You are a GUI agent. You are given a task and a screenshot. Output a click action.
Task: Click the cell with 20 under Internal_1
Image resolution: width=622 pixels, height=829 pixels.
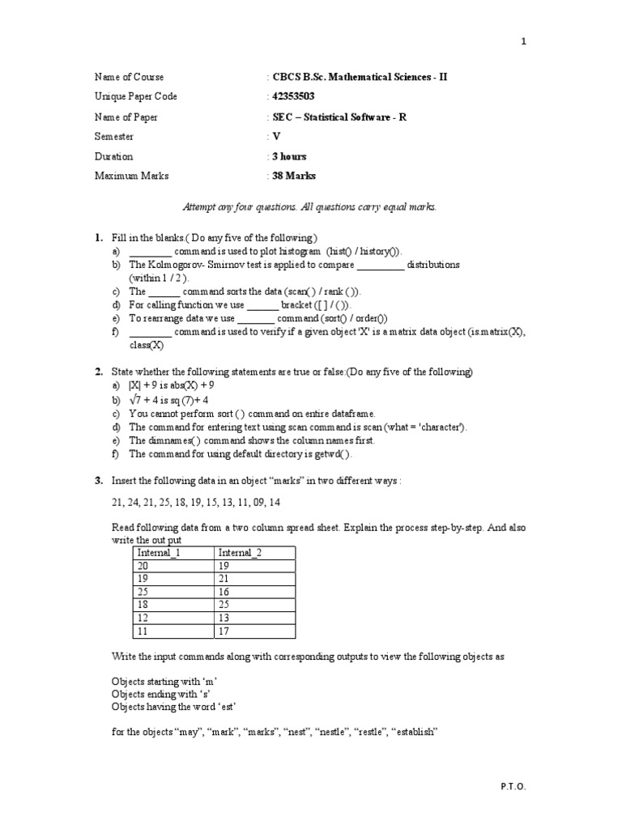click(144, 566)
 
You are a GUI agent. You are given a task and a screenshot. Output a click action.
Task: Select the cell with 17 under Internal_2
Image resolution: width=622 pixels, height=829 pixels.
click(225, 631)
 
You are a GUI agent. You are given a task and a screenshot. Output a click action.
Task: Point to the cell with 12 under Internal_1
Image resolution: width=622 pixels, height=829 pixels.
click(144, 618)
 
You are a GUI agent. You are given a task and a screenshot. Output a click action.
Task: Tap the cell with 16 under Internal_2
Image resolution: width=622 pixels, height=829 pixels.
click(225, 592)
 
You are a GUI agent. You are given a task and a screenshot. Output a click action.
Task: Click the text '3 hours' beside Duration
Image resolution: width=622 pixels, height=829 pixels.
click(289, 157)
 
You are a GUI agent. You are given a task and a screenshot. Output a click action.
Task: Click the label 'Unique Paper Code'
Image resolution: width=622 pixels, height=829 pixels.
click(135, 97)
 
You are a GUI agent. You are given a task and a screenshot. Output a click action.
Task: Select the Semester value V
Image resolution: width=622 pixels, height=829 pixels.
click(276, 137)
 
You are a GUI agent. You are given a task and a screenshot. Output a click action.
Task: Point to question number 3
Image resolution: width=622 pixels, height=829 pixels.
click(98, 481)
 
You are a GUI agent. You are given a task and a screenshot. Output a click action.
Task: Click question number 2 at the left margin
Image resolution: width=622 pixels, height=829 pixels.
click(98, 372)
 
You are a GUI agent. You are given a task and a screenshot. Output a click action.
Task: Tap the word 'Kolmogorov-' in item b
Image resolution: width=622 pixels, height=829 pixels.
click(175, 265)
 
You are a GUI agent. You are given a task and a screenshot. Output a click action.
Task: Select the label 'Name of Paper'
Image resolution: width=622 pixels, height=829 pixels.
click(126, 117)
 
